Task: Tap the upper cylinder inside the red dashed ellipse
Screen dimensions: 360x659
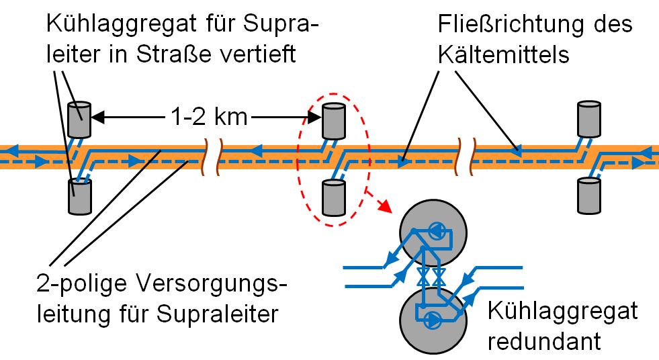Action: [334, 120]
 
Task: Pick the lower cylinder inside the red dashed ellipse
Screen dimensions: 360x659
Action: [334, 195]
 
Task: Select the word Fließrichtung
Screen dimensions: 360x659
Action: [501, 26]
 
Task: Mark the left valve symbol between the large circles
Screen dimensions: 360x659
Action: [423, 276]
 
